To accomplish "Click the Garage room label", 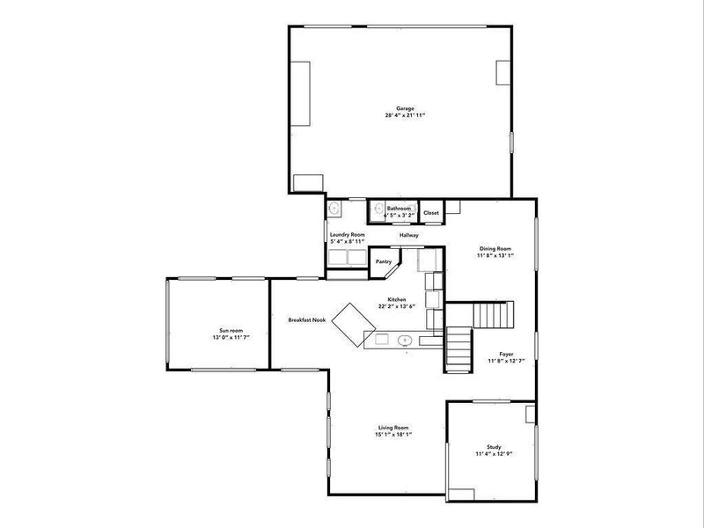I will click(405, 108).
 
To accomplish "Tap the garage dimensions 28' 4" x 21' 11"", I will click(405, 115).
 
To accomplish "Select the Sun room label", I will click(217, 330).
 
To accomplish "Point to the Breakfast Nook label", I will click(306, 319).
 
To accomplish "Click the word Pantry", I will click(384, 261).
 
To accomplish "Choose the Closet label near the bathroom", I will click(431, 213).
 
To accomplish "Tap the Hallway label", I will click(409, 236).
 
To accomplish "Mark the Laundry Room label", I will click(347, 235).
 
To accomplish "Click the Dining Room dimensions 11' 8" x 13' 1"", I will click(494, 255).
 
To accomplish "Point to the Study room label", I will click(493, 447).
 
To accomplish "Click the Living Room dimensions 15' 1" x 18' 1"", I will click(394, 434).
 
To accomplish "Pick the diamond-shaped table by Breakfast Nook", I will click(352, 324).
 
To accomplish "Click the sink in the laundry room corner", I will click(334, 209).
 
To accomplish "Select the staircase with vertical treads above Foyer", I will click(493, 314).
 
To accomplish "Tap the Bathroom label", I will click(399, 209).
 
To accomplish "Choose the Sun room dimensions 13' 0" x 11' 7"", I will click(217, 338).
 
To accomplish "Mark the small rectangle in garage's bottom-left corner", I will click(308, 183).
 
